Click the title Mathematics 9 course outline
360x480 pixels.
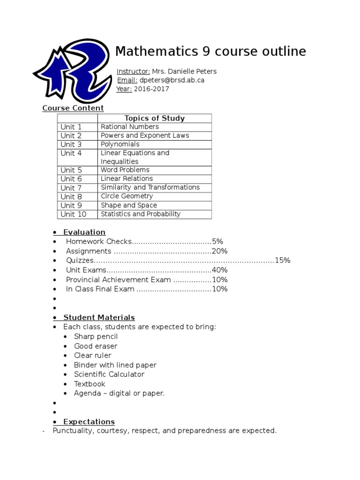pyautogui.click(x=210, y=51)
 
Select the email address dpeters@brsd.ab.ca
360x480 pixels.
pyautogui.click(x=172, y=80)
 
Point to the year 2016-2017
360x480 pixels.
pyautogui.click(x=151, y=89)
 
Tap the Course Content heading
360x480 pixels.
pyautogui.click(x=73, y=108)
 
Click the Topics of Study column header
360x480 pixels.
pyautogui.click(x=154, y=118)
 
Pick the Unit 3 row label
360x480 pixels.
pyautogui.click(x=71, y=144)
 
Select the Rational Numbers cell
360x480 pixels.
pyautogui.click(x=130, y=127)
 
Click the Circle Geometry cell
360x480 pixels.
pyautogui.click(x=127, y=196)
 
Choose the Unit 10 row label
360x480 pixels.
pyautogui.click(x=74, y=214)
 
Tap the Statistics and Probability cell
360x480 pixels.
pyautogui.click(x=141, y=214)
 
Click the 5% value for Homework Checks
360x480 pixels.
pyautogui.click(x=217, y=241)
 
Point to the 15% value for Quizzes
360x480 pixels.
pyautogui.click(x=283, y=260)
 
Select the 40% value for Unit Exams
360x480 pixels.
pyautogui.click(x=220, y=270)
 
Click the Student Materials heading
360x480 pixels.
pyautogui.click(x=99, y=318)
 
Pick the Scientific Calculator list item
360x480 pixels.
pyautogui.click(x=109, y=375)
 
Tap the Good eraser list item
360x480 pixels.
pyautogui.click(x=96, y=346)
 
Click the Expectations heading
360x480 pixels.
pyautogui.click(x=89, y=422)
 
